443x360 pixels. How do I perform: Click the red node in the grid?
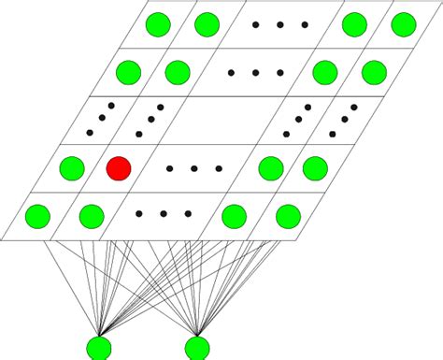coord(119,169)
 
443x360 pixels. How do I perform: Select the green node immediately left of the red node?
coord(71,169)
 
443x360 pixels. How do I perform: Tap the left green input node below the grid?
coord(99,348)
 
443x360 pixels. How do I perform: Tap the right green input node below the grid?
coord(197,348)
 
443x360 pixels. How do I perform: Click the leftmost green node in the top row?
coord(159,23)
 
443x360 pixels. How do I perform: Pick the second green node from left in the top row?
coord(207,23)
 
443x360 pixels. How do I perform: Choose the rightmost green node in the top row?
coord(404,23)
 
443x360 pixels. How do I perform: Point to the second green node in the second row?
coord(176,72)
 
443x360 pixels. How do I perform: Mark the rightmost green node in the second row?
coord(373,72)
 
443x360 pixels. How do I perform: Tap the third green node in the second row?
coord(324,72)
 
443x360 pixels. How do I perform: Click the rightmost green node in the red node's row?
coord(314,169)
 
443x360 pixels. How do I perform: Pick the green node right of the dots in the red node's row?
coord(270,169)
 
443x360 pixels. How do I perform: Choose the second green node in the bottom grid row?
coord(91,217)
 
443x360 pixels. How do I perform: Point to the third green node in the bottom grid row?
coord(235,217)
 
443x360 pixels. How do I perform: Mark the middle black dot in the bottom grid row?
coord(163,214)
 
